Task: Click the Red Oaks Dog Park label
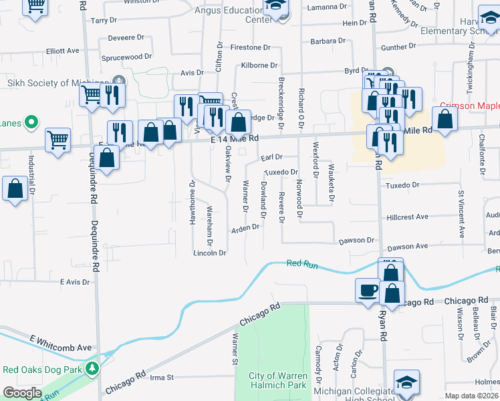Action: click(41, 369)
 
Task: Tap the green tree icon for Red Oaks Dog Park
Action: click(92, 368)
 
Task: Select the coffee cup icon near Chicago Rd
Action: click(367, 290)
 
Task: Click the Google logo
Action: click(22, 393)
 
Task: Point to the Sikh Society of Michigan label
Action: click(57, 83)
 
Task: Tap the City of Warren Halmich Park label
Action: click(277, 380)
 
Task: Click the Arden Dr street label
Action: click(245, 228)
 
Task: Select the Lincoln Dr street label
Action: click(209, 253)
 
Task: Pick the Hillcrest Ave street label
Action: click(407, 217)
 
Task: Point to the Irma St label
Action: click(161, 378)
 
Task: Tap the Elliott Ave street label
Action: click(63, 51)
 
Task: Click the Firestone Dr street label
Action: click(250, 47)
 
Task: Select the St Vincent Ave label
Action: click(461, 215)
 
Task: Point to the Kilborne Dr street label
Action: click(259, 65)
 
